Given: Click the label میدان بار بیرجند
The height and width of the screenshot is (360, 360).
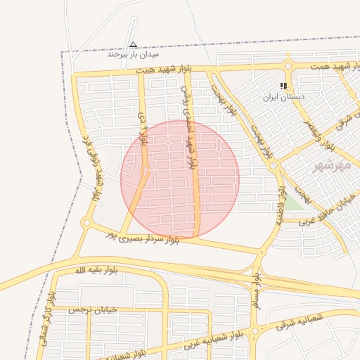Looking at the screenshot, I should point(134,54).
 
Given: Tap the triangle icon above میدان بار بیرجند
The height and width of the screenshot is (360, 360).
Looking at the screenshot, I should point(134,44).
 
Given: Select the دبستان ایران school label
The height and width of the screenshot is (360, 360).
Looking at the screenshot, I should point(284,96).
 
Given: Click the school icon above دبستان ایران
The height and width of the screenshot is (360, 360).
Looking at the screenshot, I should point(283,86).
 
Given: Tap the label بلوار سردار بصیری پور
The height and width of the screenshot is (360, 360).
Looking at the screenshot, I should point(141,236).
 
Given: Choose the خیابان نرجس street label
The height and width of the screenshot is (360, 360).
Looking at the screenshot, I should point(92,309).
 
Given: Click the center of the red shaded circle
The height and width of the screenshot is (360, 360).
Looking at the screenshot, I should point(180,179).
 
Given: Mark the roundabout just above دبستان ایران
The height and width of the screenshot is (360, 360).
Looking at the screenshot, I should point(288,66).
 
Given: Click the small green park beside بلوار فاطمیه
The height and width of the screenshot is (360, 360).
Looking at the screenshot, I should point(294,202).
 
